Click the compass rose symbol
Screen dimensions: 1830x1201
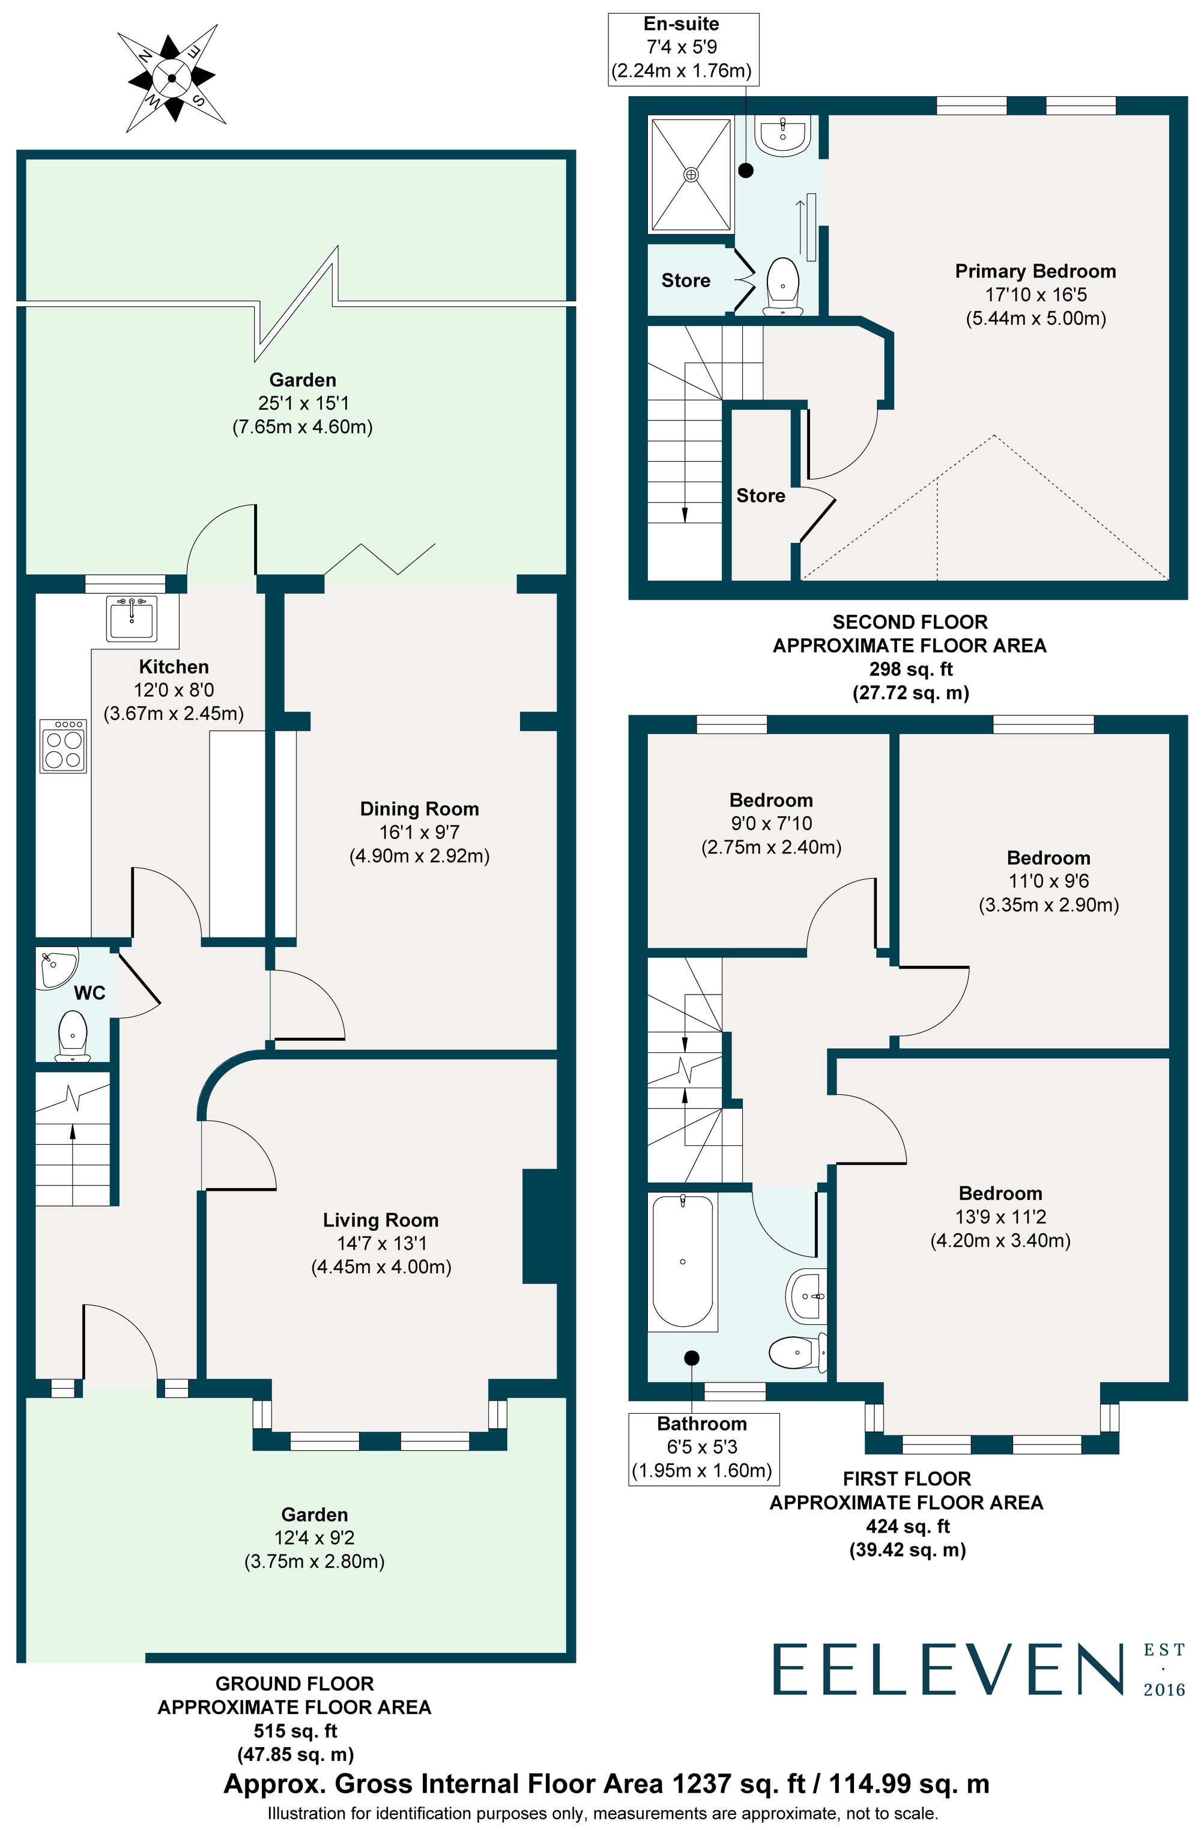171,77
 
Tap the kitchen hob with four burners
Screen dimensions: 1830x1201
63,745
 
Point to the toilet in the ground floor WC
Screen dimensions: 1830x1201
73,1035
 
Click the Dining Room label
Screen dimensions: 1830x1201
419,809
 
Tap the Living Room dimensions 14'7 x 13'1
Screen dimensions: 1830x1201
381,1243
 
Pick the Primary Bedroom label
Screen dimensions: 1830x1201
1035,271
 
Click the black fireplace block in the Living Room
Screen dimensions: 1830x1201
540,1226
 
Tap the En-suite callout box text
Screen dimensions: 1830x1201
681,47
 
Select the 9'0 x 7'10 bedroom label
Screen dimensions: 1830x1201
770,823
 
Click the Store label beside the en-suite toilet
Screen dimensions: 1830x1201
685,280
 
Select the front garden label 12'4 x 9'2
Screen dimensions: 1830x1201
315,1538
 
